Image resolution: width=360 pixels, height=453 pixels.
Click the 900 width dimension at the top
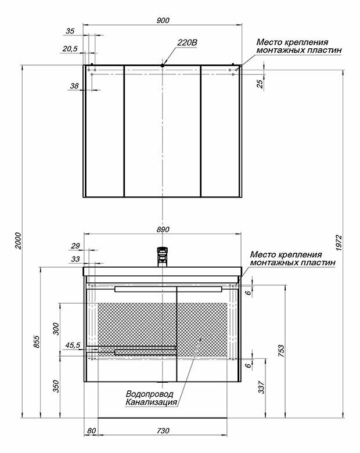coord(163,20)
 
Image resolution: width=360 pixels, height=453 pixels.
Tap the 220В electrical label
coord(188,42)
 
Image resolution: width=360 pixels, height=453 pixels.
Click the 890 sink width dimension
coord(163,229)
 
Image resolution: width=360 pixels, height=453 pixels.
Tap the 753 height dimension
coord(282,351)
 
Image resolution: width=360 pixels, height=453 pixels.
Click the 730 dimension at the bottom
coord(163,430)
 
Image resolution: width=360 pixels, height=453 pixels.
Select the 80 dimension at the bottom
coord(91,430)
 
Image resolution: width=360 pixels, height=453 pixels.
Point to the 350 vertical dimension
coord(56,386)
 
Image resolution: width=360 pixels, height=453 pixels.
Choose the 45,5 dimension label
coord(73,345)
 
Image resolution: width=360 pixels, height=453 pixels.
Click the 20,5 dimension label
coord(70,49)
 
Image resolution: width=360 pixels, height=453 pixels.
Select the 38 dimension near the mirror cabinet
coord(74,86)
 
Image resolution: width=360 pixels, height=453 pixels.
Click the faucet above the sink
coord(163,256)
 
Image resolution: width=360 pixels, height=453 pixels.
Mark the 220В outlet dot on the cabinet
coord(163,66)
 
